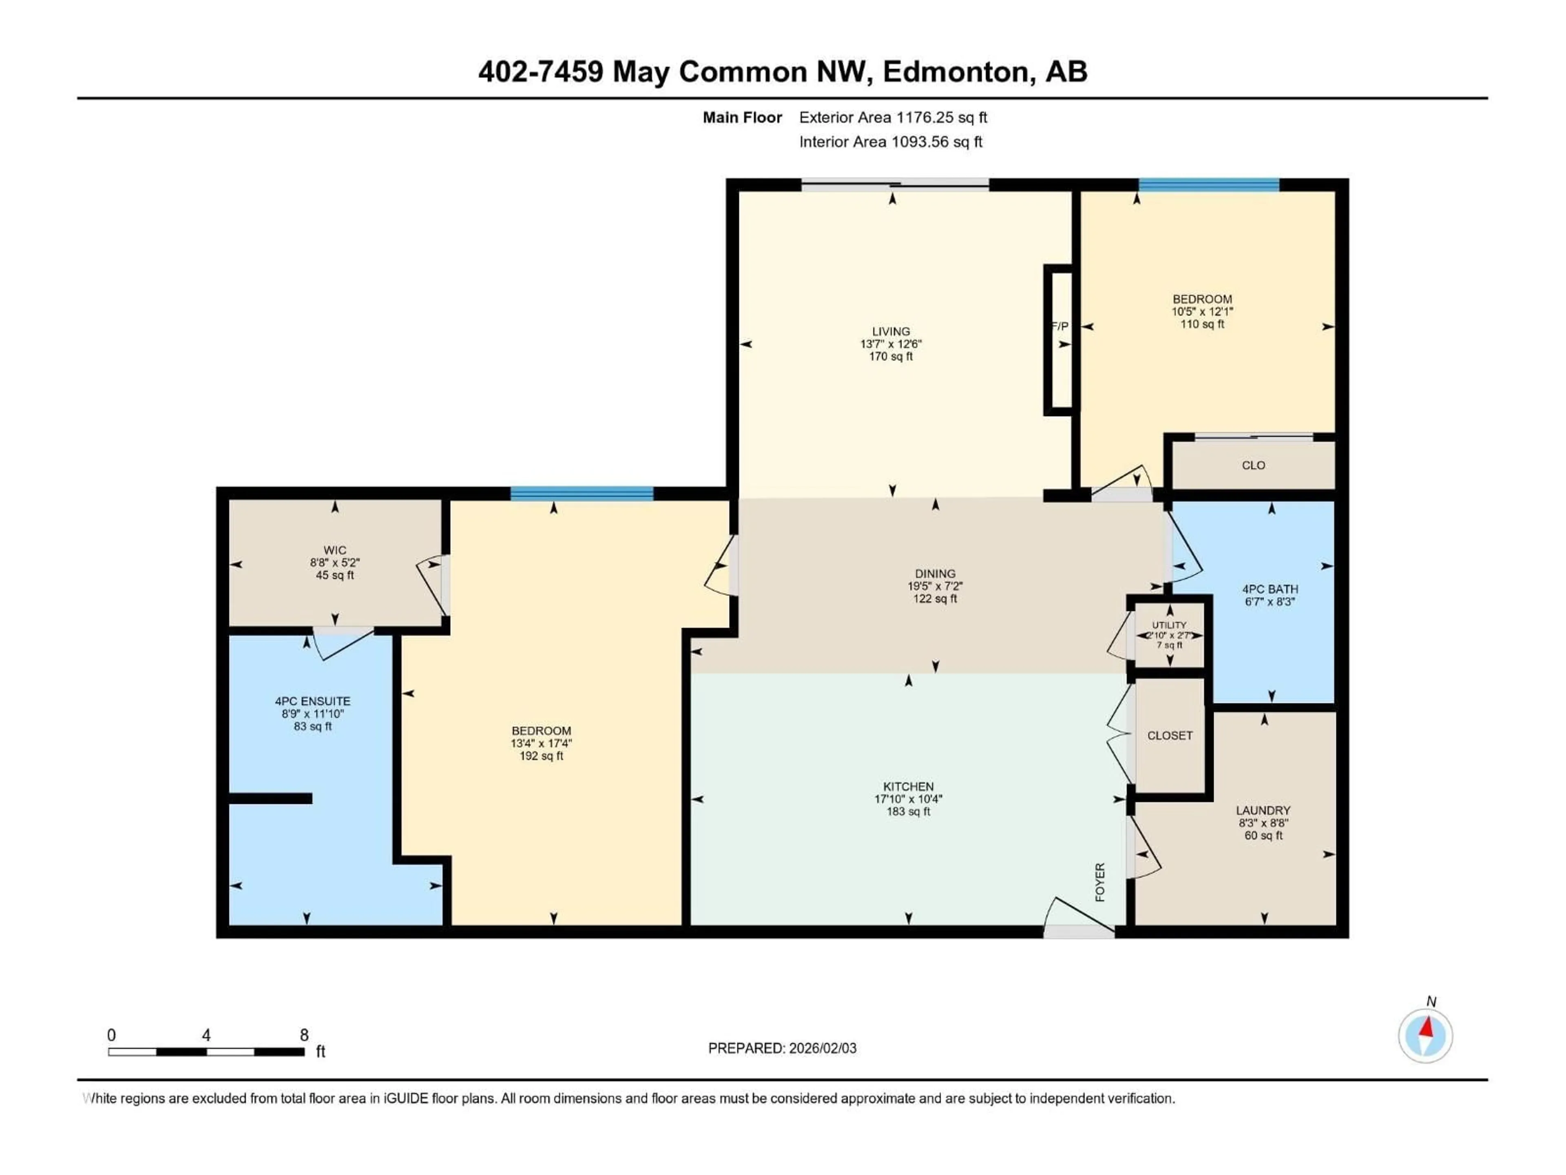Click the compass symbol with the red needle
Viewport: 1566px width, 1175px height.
pos(1425,1035)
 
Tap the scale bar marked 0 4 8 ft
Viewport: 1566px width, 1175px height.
pos(206,1052)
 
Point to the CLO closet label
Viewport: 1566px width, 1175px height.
pos(1253,466)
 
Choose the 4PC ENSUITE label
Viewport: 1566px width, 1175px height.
pos(313,701)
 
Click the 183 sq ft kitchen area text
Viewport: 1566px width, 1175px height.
pos(908,811)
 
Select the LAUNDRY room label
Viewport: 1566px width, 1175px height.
pos(1263,810)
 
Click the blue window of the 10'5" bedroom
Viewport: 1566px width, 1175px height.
pos(1208,186)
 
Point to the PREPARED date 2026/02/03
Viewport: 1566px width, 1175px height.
pos(782,1048)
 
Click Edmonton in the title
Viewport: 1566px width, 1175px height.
pos(955,71)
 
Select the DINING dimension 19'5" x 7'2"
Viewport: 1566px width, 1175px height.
pos(935,586)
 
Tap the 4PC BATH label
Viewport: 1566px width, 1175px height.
pos(1270,589)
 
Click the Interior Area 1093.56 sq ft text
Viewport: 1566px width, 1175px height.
pos(891,142)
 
